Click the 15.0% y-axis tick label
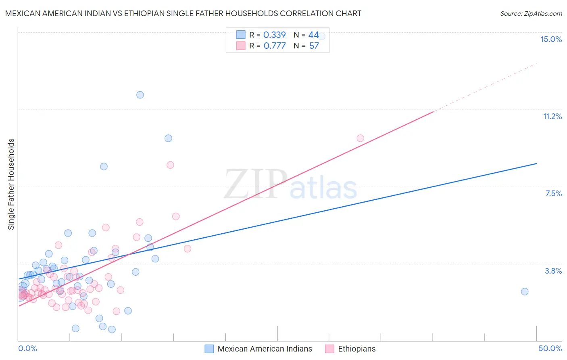coord(551,39)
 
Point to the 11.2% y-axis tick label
coord(552,116)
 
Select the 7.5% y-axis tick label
coord(553,193)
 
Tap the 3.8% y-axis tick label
coord(553,271)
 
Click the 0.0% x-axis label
coord(27,348)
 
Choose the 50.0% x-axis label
coord(550,348)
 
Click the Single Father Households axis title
coord(11,184)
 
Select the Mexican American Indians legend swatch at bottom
coord(209,349)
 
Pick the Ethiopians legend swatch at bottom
coord(329,349)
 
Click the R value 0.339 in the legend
coord(274,35)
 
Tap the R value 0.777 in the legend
coord(274,46)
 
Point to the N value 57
coord(314,46)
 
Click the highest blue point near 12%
coord(140,95)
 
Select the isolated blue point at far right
coord(524,291)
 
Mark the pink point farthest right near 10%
coord(360,138)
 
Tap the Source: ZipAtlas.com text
coord(531,14)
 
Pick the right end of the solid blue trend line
coord(536,163)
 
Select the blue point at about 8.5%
coord(104,166)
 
